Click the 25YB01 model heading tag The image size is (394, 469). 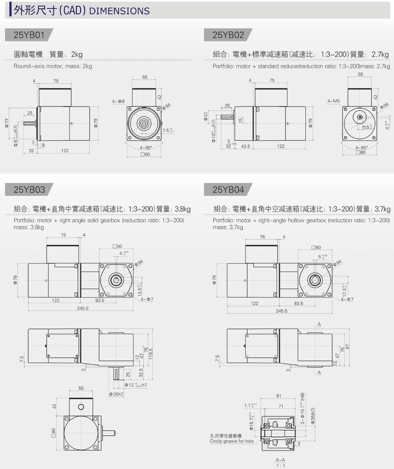[29, 35]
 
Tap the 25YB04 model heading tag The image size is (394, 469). [228, 190]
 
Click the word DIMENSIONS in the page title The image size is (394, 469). [119, 11]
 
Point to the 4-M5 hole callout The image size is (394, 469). [333, 101]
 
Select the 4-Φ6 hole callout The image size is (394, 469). [118, 101]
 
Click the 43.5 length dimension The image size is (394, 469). [246, 146]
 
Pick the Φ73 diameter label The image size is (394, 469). [6, 123]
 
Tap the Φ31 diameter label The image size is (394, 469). [206, 116]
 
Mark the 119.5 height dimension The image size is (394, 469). [151, 354]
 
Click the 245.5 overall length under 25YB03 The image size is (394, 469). [83, 308]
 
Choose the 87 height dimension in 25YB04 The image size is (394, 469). [347, 346]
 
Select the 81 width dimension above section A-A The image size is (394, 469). [279, 396]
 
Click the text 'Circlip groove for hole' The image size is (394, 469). [232, 441]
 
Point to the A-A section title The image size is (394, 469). [280, 460]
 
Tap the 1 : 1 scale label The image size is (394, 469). [281, 466]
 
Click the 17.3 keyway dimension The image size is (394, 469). [344, 290]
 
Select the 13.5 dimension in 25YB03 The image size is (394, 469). [140, 290]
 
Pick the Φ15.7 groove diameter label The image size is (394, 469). [251, 421]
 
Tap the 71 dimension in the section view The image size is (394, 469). [281, 406]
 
